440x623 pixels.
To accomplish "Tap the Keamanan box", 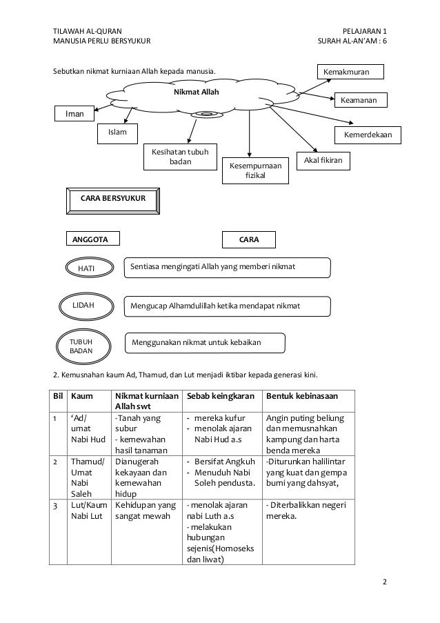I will tap(360, 100).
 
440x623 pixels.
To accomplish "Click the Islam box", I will tap(118, 132).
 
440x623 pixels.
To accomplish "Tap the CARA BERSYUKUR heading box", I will tap(114, 199).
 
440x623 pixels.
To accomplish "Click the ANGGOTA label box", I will tap(92, 239).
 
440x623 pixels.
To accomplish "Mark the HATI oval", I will tap(86, 268).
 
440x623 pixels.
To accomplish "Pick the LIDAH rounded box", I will tap(83, 304).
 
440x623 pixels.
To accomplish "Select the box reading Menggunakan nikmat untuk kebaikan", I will tap(197, 341).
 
